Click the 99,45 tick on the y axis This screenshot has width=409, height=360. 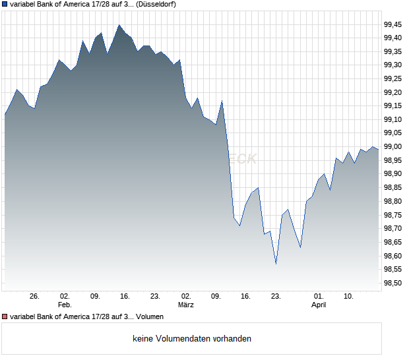point(393,24)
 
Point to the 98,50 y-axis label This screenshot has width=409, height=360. point(393,283)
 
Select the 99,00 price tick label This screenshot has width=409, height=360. point(393,146)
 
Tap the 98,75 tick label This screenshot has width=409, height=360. point(393,215)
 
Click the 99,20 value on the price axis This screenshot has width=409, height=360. point(393,92)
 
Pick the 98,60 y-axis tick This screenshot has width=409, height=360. point(393,256)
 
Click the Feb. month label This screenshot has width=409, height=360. point(64,305)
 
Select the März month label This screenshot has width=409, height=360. point(186,305)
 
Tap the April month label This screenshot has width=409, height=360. point(319,305)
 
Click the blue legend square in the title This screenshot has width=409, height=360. point(5,4)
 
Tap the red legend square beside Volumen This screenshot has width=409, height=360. point(5,317)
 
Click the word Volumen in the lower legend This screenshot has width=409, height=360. point(150,317)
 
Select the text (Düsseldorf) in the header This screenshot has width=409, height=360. point(156,4)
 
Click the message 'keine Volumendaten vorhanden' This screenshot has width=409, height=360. point(192,339)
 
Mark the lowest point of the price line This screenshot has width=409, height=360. point(276,264)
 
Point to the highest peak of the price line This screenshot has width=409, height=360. point(119,25)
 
